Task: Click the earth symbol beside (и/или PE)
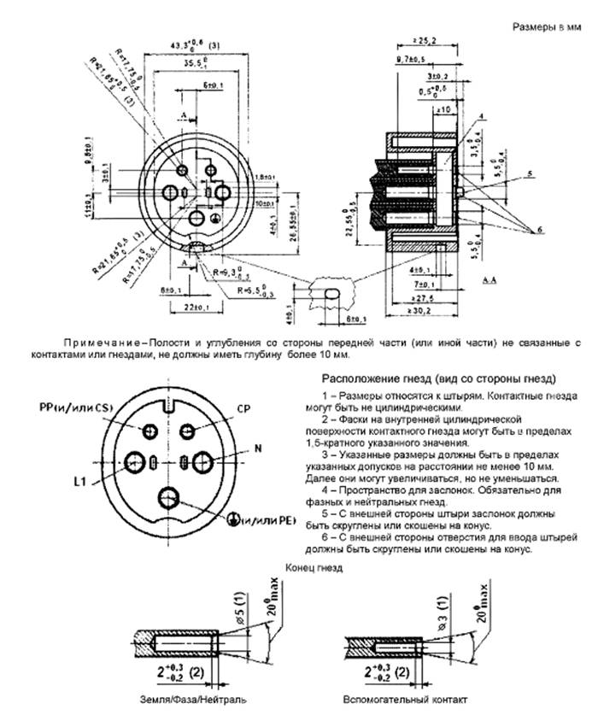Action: (x=231, y=520)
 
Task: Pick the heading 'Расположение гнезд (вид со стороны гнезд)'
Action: (x=438, y=378)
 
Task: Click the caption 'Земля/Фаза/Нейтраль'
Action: (x=185, y=700)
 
